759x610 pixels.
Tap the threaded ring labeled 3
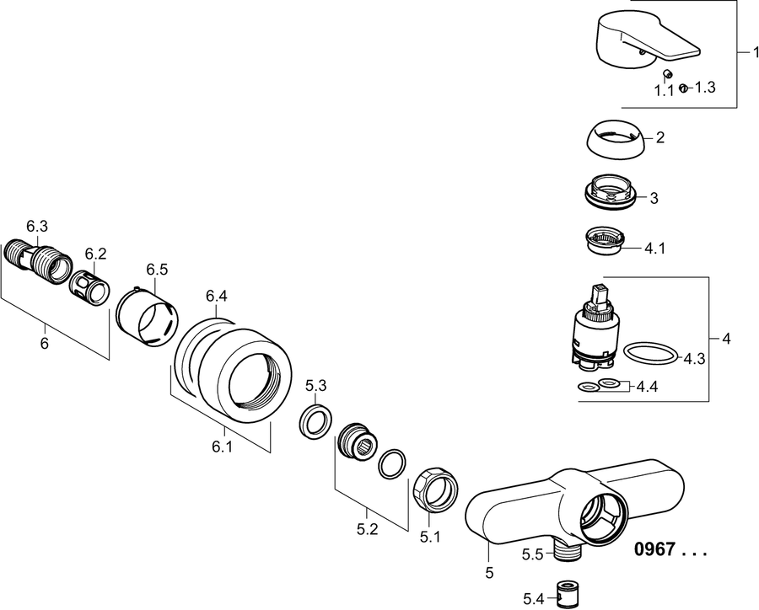pos(609,191)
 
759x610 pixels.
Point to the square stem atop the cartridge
pos(598,294)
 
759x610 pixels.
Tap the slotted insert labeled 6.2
pos(89,288)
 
